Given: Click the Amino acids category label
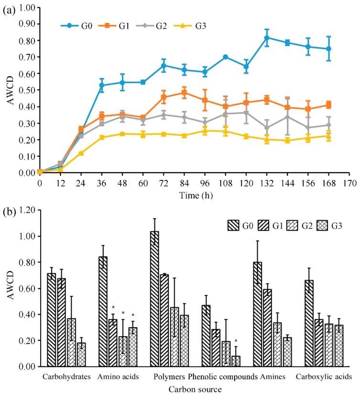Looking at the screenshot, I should tap(118, 377).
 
